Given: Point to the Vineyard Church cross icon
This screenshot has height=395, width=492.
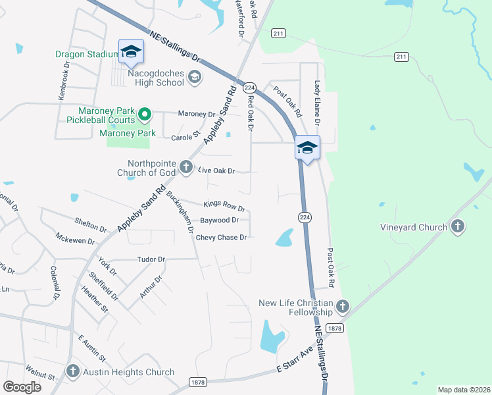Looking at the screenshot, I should click(458, 227).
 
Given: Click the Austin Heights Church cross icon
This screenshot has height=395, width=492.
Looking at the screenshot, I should click(73, 372).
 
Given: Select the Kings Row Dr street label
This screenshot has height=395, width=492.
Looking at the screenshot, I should click(224, 206).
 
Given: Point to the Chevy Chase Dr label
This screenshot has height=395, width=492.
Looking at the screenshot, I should click(221, 238).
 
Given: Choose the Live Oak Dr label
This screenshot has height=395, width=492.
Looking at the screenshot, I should click(216, 171).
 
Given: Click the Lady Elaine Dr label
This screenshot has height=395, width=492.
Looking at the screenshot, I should click(317, 103).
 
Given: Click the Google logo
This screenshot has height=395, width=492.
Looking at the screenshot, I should click(22, 387).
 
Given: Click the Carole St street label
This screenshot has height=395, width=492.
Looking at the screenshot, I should click(185, 136).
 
